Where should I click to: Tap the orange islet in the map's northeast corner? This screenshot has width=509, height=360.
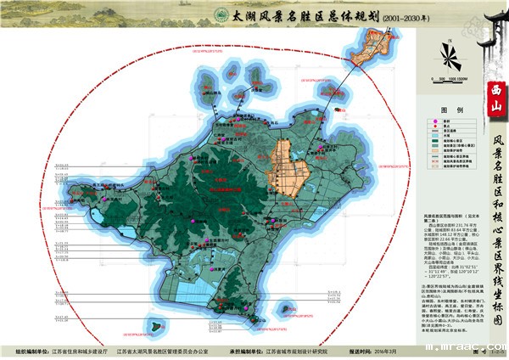[373, 47]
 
